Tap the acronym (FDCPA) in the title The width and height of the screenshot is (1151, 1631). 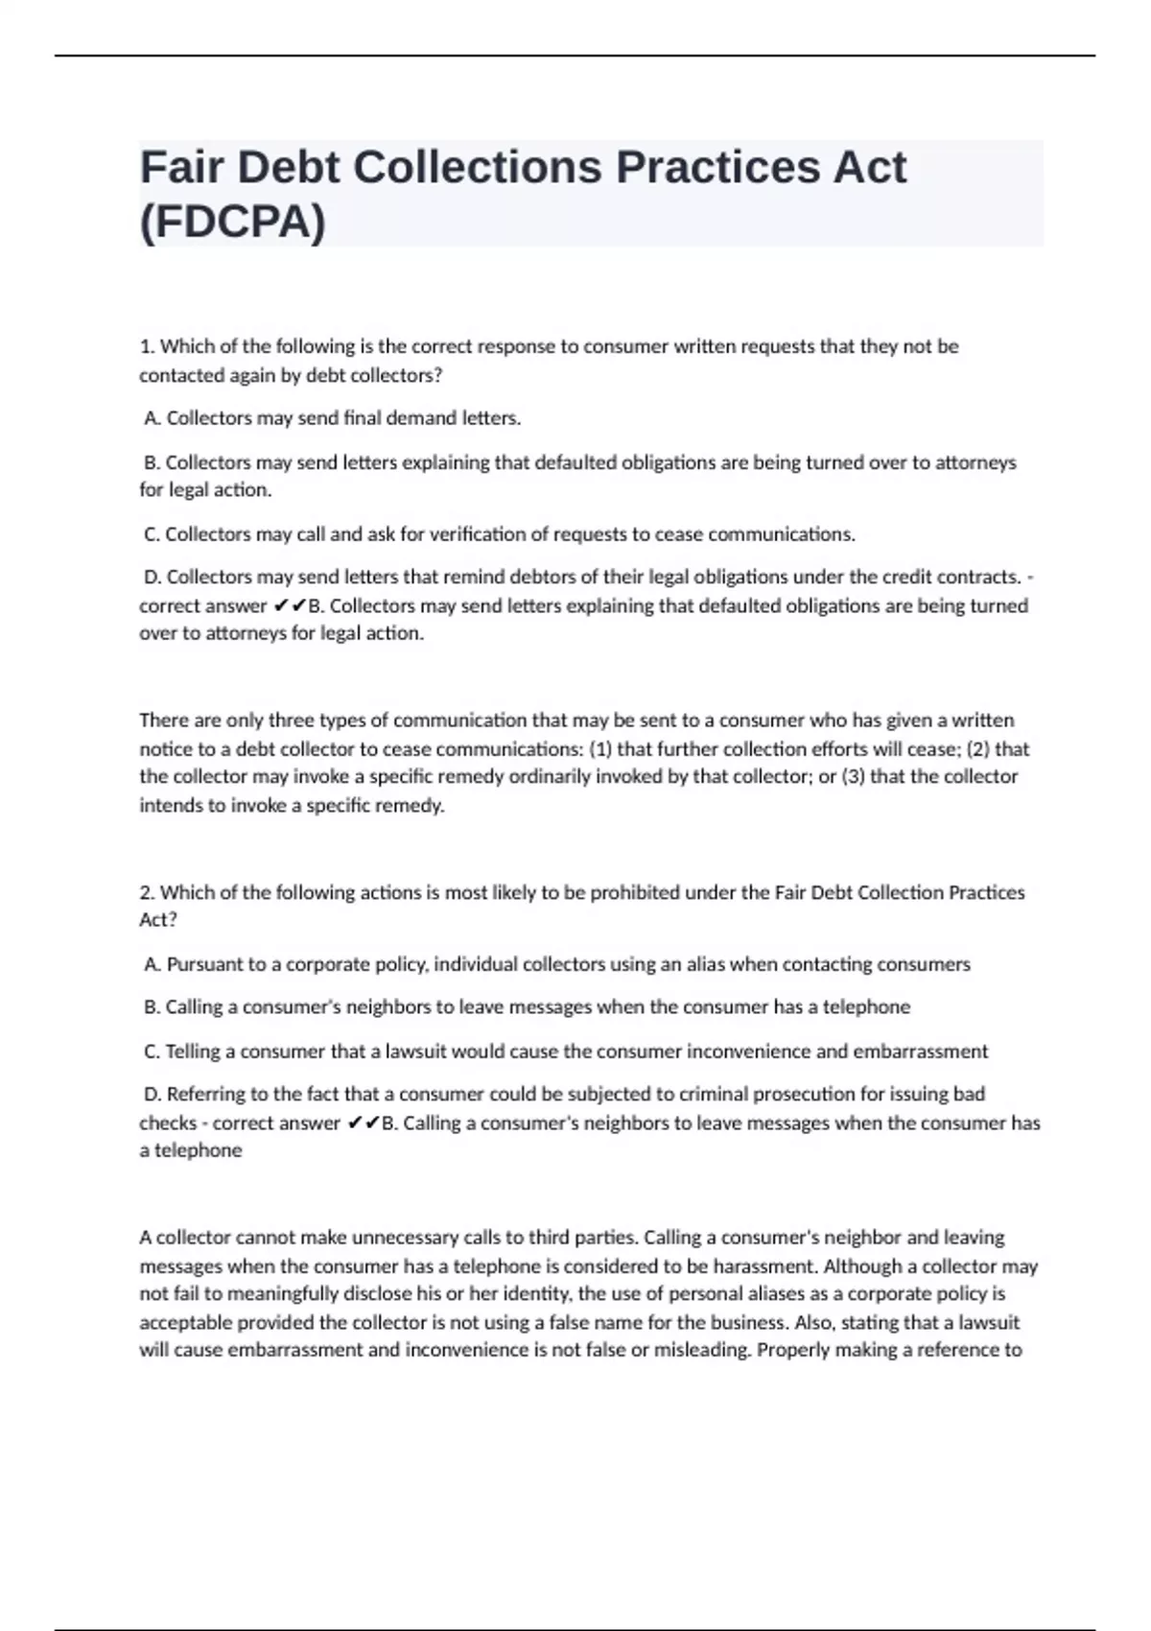coord(233,223)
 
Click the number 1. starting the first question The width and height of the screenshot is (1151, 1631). coord(147,346)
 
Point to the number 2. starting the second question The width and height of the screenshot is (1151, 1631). coord(147,892)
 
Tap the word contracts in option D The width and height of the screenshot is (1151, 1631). coord(982,578)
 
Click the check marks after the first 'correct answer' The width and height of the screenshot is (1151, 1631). coord(289,606)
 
